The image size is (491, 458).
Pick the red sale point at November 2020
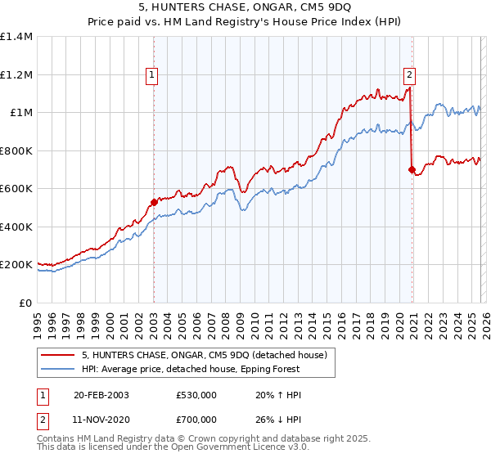(412, 169)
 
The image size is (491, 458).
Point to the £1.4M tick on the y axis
(18, 37)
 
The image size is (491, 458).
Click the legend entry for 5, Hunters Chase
(205, 355)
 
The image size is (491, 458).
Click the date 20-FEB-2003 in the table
(101, 395)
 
